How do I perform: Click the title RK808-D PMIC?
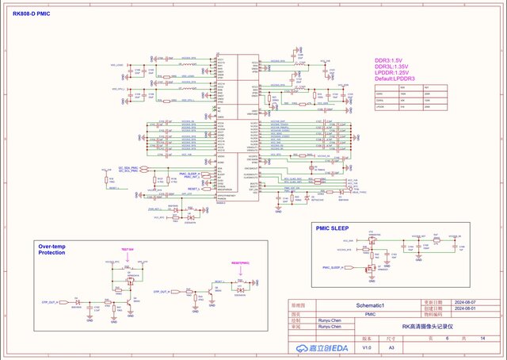(39, 14)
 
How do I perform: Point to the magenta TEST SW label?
(126, 249)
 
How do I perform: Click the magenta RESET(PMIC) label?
(240, 262)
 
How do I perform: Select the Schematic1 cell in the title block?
(370, 305)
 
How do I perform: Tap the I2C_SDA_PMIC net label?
(129, 168)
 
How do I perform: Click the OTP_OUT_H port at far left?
(51, 303)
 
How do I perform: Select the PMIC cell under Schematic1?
(370, 314)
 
